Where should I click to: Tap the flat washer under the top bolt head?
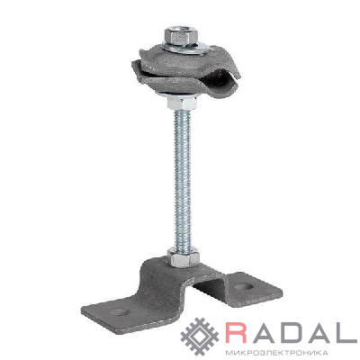184,48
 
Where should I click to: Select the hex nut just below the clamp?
182,103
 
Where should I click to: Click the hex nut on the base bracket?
183,257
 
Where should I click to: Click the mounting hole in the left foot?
120,312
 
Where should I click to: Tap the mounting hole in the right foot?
243,287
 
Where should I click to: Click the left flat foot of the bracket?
120,313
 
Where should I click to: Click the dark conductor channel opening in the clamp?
227,78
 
